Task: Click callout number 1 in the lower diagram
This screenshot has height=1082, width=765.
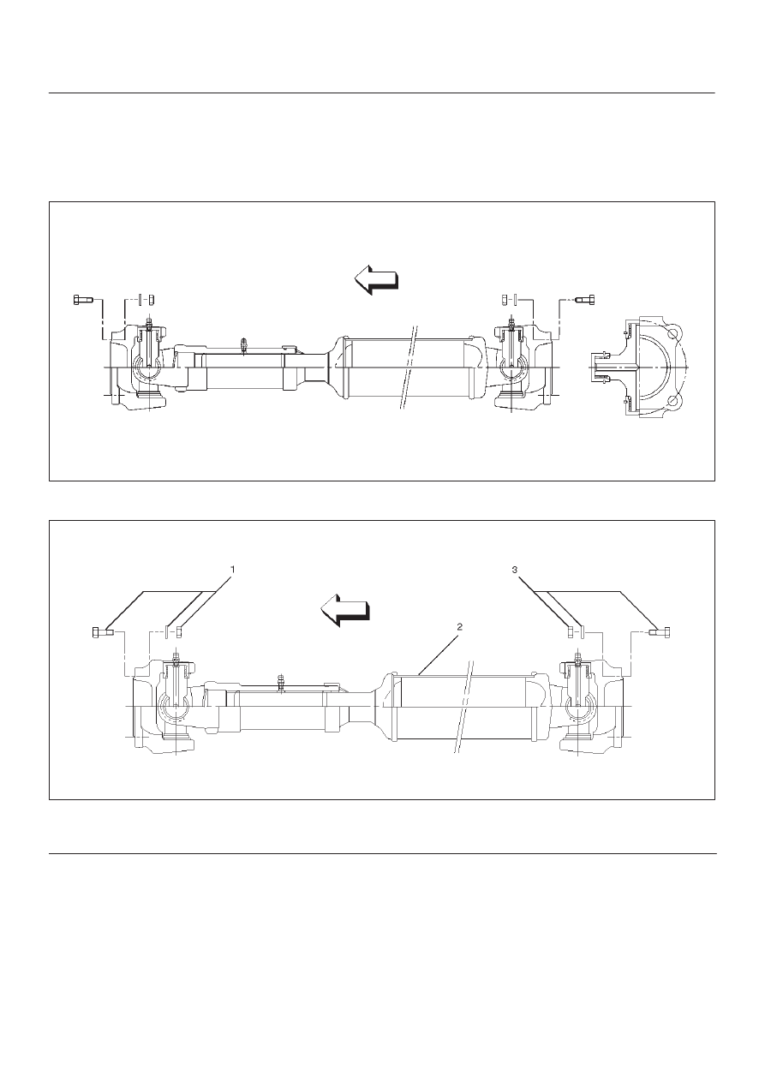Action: pos(232,570)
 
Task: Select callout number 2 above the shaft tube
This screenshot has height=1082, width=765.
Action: pos(459,626)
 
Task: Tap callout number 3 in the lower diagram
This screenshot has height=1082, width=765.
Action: pos(514,570)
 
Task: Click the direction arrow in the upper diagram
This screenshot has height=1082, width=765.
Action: pos(376,279)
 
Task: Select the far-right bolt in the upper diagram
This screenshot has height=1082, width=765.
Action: pos(586,300)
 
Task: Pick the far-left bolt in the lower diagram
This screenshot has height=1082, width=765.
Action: pos(102,632)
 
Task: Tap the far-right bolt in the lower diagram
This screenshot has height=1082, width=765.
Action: pos(660,632)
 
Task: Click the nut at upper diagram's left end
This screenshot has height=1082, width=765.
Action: pos(150,300)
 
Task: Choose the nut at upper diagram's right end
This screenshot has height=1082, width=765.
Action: pos(505,300)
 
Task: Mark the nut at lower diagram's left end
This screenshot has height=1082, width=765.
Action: pos(179,632)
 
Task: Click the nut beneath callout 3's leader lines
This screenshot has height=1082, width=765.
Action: pos(571,632)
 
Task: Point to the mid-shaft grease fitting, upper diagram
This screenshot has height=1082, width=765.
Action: pos(244,345)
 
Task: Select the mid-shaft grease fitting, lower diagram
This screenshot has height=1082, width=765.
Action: pos(279,682)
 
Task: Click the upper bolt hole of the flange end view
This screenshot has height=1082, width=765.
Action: pos(673,334)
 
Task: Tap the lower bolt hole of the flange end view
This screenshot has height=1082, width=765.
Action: pos(673,401)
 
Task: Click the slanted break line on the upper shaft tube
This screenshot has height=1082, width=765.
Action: pos(408,368)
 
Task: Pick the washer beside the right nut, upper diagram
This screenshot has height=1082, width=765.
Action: pos(515,300)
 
